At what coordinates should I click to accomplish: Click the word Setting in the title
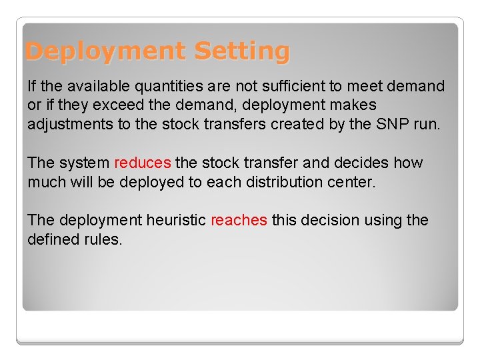coord(243,51)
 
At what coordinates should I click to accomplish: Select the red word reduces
coord(143,163)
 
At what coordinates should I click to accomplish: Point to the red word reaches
coord(239,220)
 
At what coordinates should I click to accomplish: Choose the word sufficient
coord(294,86)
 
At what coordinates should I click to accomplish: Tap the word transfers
coord(233,124)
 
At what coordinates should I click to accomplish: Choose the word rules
coord(105,239)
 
